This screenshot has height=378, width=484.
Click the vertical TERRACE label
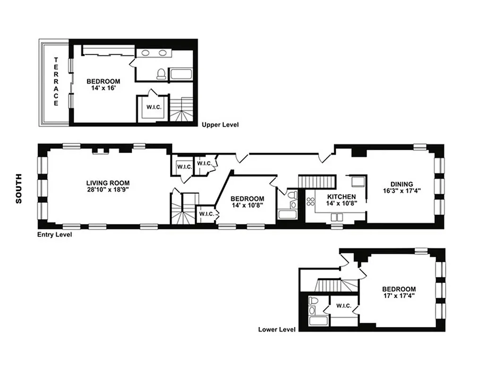pos(56,81)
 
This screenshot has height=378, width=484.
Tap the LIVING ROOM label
pos(108,183)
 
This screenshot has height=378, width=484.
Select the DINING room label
pos(401,184)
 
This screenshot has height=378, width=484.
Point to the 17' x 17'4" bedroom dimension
pos(399,297)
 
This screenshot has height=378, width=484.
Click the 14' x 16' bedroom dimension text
pos(103,88)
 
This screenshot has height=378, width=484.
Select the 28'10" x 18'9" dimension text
pos(108,189)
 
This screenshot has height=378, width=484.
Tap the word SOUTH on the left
pos(19,191)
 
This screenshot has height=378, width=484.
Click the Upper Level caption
pos(220,125)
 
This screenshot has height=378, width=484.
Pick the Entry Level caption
pos(55,234)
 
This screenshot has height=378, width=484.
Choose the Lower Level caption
pos(277,329)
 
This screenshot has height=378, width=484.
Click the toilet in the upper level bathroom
pos(161,74)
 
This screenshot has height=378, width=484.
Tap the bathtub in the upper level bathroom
pos(180,74)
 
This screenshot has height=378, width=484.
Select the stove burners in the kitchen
pos(311,202)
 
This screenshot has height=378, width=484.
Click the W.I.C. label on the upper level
pos(154,107)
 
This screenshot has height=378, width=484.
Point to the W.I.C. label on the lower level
pos(344,306)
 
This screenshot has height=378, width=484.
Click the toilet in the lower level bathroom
pos(314,301)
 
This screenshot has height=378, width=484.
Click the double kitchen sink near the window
pos(337,217)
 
